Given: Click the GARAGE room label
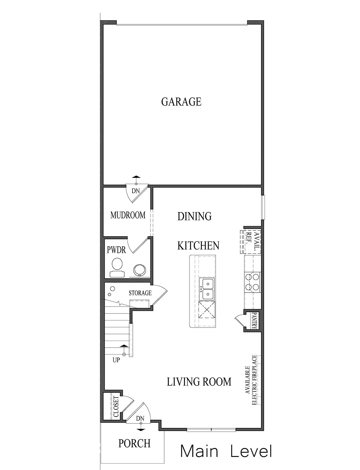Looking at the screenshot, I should point(181,102).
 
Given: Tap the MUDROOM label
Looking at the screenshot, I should point(128,215).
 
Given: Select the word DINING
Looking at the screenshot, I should point(194,216).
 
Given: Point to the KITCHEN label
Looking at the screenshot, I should point(198,245).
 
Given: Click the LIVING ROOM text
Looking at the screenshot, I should point(199,381).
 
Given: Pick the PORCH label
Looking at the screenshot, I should point(134,443).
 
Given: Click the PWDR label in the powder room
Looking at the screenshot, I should point(116,250).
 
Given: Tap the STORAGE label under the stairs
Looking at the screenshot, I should point(140,293).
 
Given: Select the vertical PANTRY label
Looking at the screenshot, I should point(255,321).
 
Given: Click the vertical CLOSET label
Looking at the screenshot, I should point(116,407).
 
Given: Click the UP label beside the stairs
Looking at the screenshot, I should point(116,360).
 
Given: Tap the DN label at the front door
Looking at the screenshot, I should point(140,419).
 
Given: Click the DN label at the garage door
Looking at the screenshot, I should point(135,191).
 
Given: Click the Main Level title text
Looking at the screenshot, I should point(226,451).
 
